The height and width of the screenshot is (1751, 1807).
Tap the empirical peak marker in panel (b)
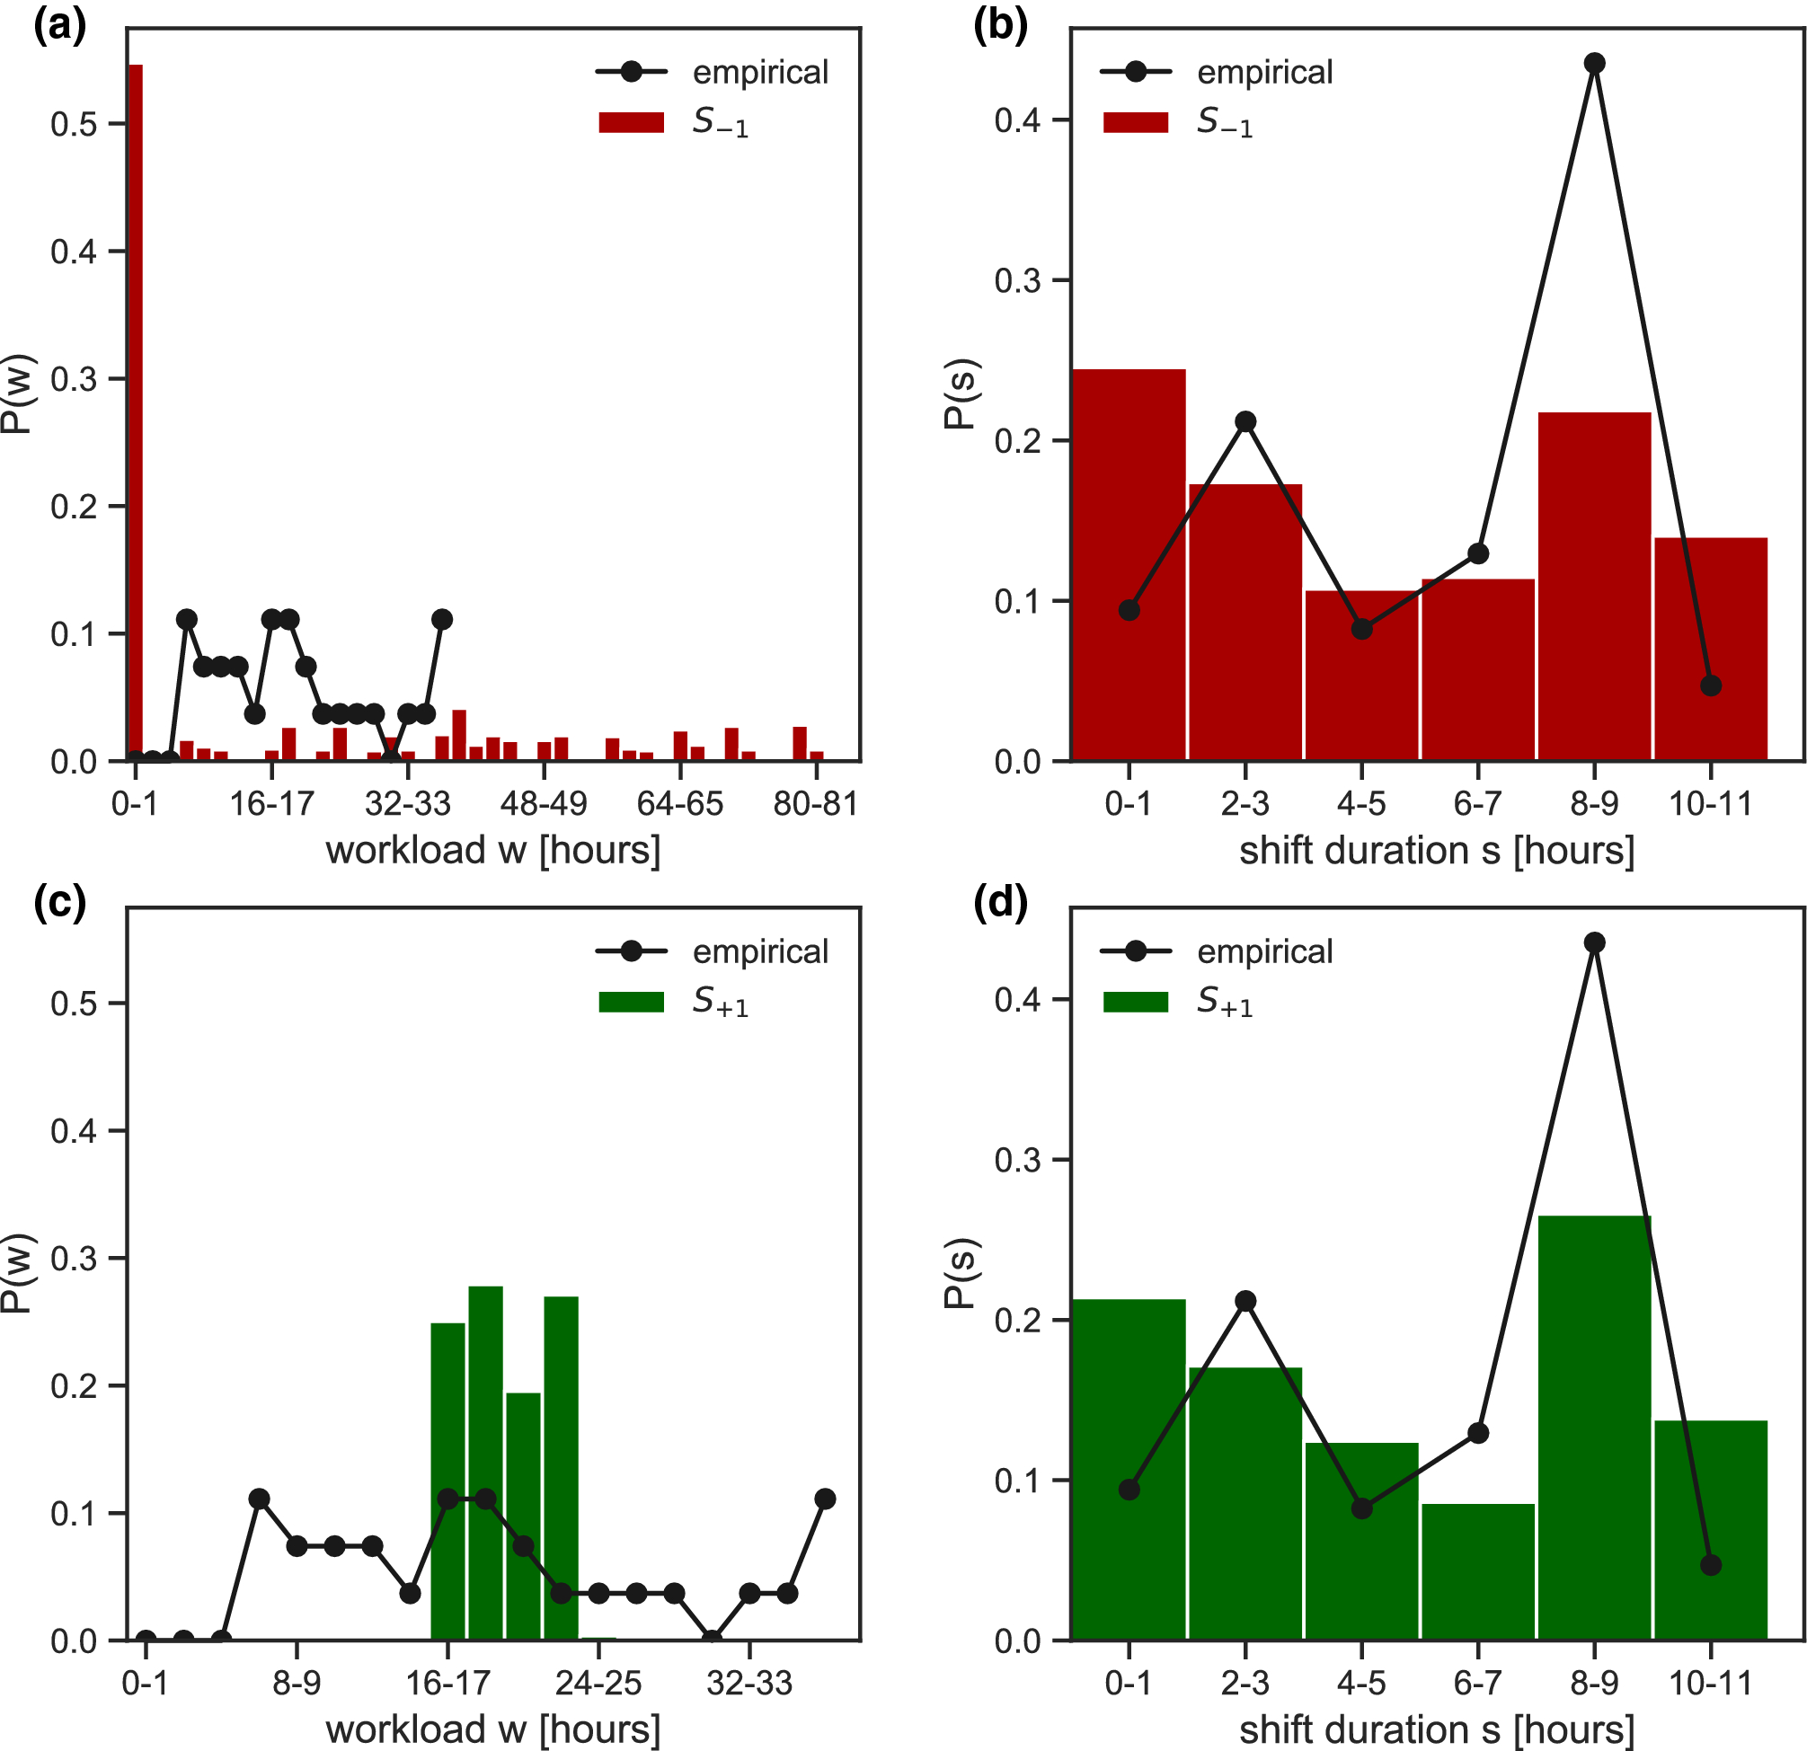(1594, 64)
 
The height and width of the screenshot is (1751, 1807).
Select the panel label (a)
(59, 26)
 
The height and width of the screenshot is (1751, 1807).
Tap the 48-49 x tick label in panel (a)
(543, 803)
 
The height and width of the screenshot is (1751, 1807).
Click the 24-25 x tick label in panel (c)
(598, 1683)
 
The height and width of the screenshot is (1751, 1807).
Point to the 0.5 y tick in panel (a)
(74, 123)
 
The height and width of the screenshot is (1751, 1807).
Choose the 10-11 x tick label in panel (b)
(1710, 803)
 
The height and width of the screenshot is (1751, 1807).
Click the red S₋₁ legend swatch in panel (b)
(1135, 122)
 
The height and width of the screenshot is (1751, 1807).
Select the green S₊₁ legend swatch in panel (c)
(631, 1002)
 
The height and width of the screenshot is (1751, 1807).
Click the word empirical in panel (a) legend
(759, 72)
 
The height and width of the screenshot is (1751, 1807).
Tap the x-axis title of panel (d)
(1437, 1729)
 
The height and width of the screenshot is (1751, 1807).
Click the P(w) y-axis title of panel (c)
(16, 1273)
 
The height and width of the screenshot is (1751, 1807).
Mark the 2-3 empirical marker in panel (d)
(1245, 1301)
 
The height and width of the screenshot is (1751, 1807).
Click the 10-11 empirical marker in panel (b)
(1710, 685)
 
